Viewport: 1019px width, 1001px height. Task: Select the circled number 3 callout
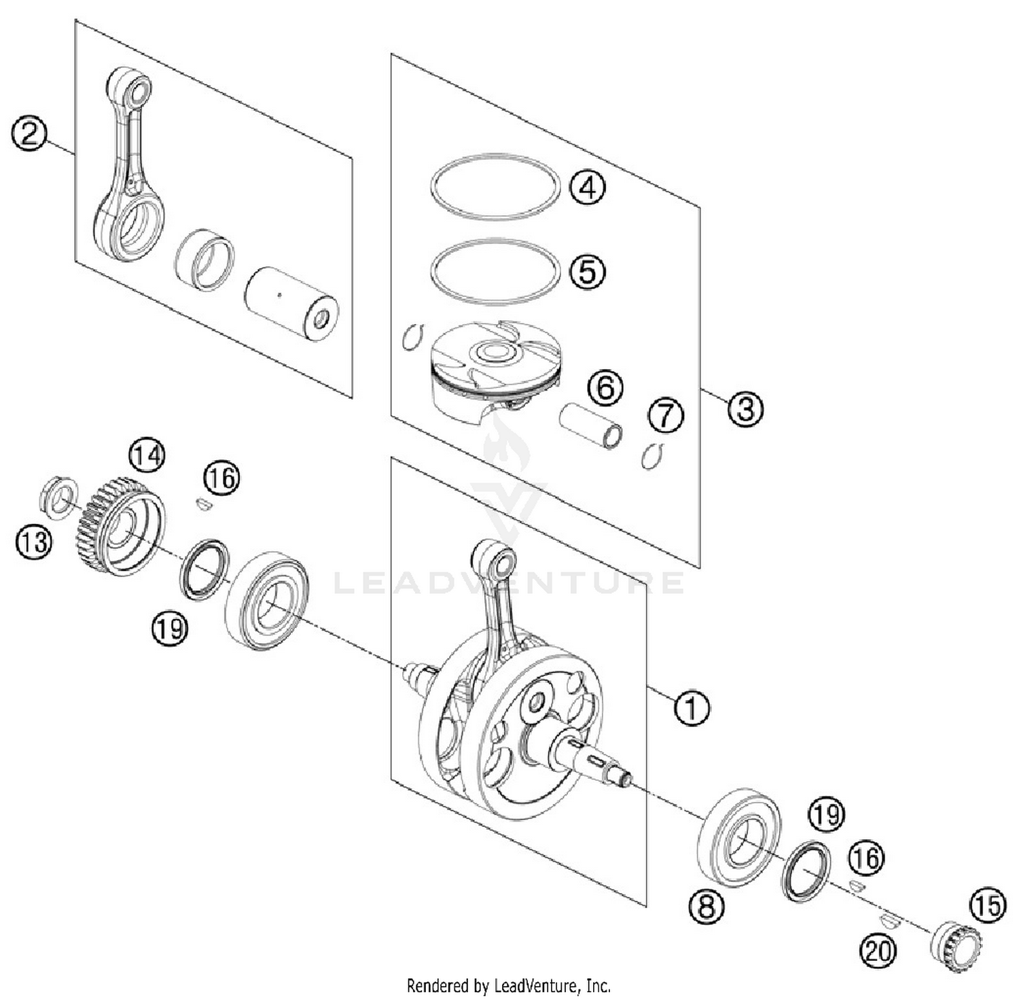point(745,408)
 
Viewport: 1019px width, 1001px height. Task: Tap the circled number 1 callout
point(691,708)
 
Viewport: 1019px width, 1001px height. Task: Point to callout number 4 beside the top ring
point(588,186)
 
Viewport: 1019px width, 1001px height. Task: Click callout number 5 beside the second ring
point(587,271)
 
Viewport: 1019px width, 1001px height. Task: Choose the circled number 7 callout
point(665,415)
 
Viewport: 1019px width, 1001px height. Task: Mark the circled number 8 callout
point(707,906)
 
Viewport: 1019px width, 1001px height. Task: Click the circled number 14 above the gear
point(147,455)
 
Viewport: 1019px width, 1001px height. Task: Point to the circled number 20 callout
point(877,949)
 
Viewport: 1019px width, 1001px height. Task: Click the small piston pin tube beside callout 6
point(590,426)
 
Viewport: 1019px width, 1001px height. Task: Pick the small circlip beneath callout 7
point(651,457)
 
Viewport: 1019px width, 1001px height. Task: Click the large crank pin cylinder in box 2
point(291,303)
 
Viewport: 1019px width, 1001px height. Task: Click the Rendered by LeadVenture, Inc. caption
point(508,985)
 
